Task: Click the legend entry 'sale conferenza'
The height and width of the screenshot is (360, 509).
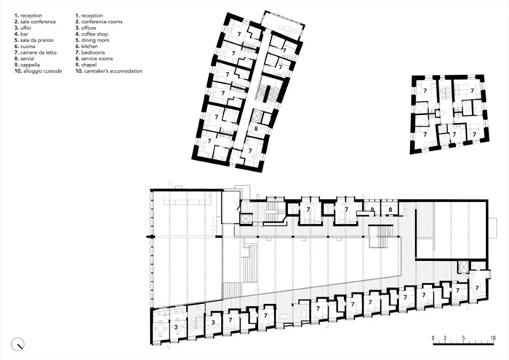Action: (x=38, y=22)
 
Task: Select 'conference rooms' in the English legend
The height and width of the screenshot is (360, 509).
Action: (x=102, y=22)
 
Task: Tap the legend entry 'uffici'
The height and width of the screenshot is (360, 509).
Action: (x=26, y=28)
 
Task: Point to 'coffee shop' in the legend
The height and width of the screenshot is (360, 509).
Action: (x=95, y=34)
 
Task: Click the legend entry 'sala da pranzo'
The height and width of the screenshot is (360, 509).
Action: (x=36, y=40)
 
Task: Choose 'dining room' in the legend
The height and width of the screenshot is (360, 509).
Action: (x=95, y=40)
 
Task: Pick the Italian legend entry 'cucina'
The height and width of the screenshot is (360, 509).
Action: (x=28, y=47)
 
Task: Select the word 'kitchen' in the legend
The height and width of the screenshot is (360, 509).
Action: (x=89, y=47)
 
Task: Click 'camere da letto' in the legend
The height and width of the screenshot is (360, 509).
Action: (x=39, y=52)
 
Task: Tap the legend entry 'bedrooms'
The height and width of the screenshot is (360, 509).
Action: (x=93, y=52)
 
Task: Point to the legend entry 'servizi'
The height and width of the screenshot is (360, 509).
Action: (x=28, y=59)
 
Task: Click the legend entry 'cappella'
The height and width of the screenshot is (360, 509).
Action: (x=31, y=65)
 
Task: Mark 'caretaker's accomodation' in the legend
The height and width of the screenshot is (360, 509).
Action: (x=113, y=71)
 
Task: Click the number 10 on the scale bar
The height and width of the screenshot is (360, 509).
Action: (x=493, y=338)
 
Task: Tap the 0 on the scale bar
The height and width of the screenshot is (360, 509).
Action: (x=433, y=338)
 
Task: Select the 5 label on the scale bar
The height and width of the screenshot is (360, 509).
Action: (x=463, y=338)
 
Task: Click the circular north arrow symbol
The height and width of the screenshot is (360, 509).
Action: (x=18, y=344)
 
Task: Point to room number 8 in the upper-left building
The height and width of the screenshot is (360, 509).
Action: (x=256, y=129)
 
